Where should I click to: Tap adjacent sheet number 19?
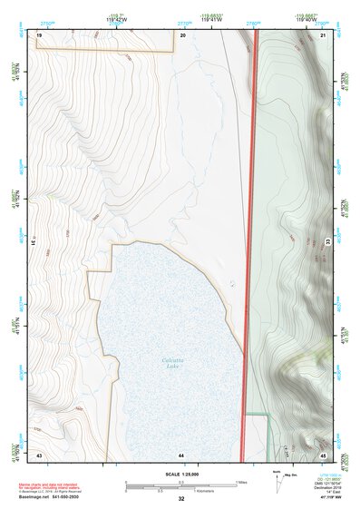(x=40, y=34)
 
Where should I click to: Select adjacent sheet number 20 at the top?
(x=182, y=34)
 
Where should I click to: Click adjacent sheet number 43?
(x=40, y=453)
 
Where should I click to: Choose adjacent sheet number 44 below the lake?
(x=181, y=454)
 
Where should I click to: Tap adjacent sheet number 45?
(x=323, y=453)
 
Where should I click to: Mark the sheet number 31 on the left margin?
(x=34, y=242)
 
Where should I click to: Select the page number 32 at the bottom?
(x=181, y=499)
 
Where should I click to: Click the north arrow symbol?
(x=276, y=480)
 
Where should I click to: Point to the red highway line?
(x=251, y=245)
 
